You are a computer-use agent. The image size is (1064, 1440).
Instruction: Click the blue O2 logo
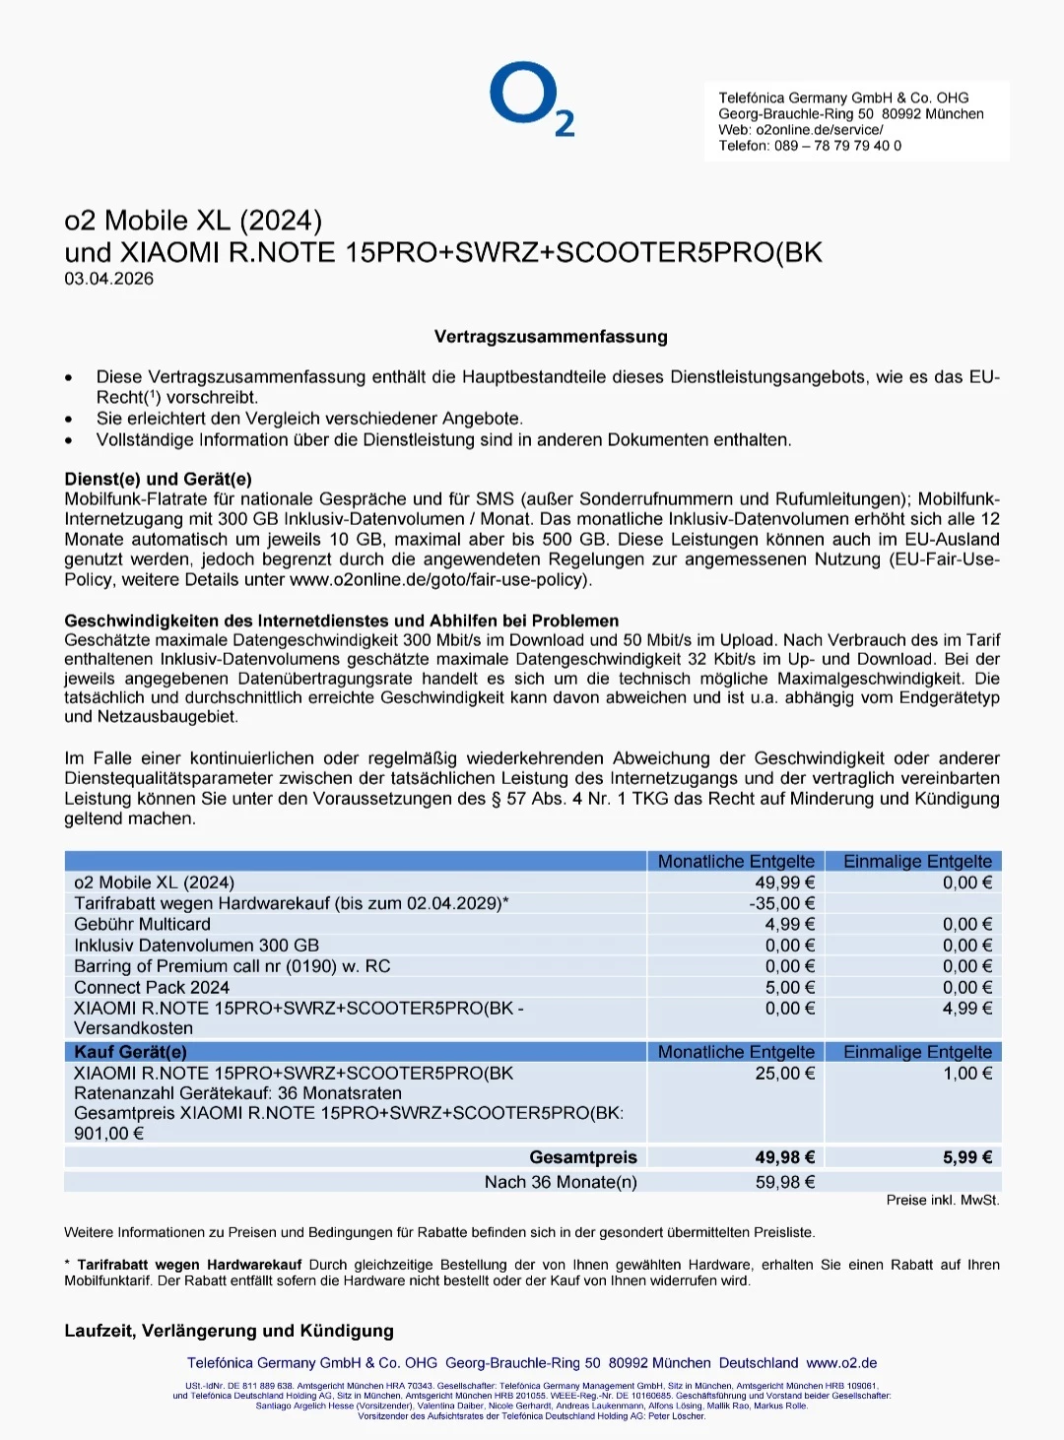click(531, 99)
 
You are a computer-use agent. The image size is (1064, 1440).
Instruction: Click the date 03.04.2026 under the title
click(109, 279)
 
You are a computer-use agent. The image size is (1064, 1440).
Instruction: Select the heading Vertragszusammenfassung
click(551, 337)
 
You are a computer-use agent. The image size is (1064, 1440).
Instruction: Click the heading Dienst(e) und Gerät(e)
click(158, 479)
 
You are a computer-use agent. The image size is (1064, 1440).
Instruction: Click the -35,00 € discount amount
click(782, 903)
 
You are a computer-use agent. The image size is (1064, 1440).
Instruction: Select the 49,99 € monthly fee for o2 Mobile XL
click(784, 883)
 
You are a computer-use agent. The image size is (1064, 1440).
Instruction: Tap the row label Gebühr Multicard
click(142, 924)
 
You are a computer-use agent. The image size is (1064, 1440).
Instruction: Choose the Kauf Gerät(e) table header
click(130, 1052)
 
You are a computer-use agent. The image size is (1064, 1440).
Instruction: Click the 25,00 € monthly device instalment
click(784, 1074)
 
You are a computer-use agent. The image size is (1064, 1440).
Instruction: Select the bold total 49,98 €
click(784, 1157)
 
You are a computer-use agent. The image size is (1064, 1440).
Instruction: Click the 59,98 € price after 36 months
click(784, 1182)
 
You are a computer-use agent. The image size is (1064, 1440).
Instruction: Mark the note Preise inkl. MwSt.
click(942, 1201)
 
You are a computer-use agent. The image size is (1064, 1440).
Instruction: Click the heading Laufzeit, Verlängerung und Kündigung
click(229, 1331)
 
